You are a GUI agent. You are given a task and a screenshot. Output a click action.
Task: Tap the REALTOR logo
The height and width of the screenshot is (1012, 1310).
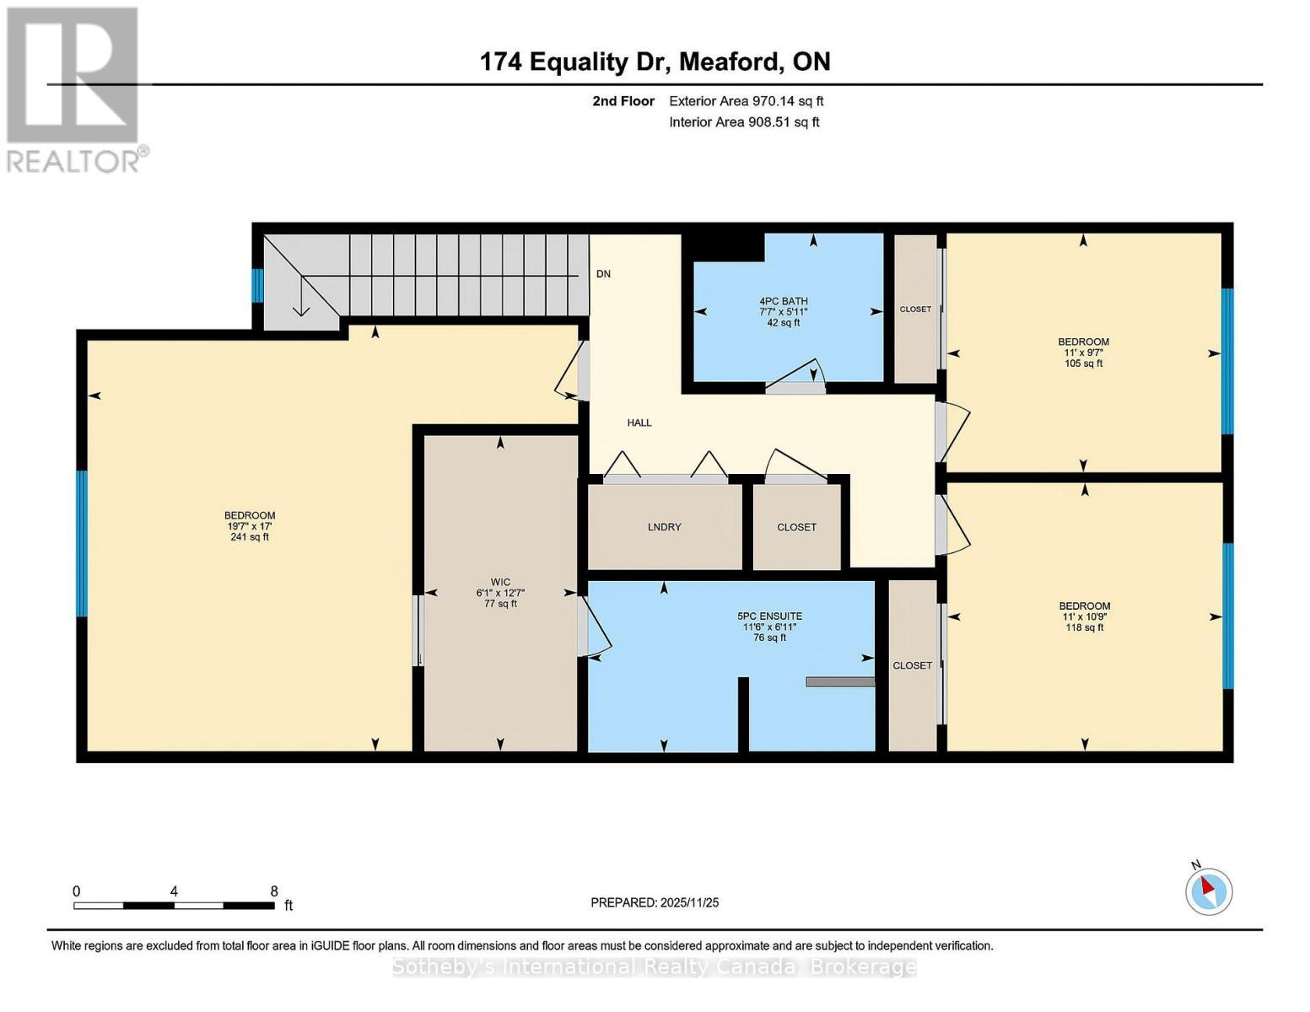coord(73,89)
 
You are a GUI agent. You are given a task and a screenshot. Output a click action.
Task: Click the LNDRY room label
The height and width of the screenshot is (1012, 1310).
coord(664,527)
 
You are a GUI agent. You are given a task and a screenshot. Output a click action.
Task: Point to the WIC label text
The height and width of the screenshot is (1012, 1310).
coord(500,582)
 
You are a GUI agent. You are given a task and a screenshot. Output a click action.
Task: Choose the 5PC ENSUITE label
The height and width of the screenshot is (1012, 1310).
coord(768,616)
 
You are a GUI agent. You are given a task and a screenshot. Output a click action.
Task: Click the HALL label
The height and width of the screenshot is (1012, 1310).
coord(639,423)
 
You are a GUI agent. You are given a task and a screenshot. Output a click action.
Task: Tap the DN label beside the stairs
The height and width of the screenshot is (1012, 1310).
coord(603,274)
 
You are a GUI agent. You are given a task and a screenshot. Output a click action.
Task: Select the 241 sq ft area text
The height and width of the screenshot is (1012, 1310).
coord(250,537)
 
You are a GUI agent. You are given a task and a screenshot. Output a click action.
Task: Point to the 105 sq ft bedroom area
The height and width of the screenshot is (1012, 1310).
coord(1083,363)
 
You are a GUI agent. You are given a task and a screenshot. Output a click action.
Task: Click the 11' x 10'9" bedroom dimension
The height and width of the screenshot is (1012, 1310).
coord(1085,616)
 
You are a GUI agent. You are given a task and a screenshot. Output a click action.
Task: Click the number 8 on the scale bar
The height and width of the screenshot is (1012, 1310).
coord(274,891)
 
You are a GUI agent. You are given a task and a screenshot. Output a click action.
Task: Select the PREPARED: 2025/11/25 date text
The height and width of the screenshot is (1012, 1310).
coord(655,902)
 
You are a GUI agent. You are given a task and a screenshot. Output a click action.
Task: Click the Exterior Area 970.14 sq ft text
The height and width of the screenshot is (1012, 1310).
coord(746,101)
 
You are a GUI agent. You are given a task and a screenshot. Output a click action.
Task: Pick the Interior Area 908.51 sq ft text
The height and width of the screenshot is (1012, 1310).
coord(744,122)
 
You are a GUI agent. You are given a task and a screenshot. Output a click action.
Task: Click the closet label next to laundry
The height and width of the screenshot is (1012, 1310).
coord(796,527)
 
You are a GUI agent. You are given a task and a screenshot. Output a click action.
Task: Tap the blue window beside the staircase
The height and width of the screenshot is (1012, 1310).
coord(258,285)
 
